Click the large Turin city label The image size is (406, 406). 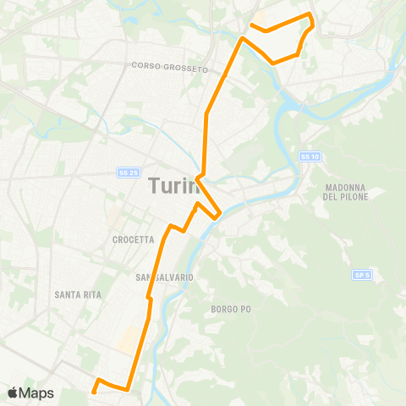coord(174,186)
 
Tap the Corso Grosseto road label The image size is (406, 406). coord(170,67)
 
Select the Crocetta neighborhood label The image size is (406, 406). coord(133,239)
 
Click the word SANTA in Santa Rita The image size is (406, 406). coord(66,294)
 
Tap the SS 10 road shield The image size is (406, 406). coord(310,156)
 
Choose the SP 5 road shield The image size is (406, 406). coord(363,275)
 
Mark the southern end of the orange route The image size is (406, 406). coord(92,391)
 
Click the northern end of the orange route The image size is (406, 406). coord(251,25)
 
